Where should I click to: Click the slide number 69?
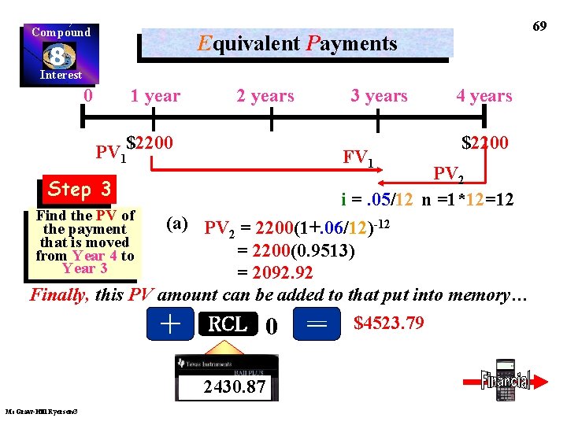tap(539, 26)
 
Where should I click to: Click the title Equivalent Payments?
tap(298, 43)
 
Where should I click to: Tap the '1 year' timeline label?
tap(155, 96)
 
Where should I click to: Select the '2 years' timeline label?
tap(265, 96)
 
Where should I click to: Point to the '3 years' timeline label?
tap(379, 96)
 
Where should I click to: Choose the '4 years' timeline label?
tap(484, 96)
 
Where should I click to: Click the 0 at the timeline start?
tap(89, 96)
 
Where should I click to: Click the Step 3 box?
tap(80, 189)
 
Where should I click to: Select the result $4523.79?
tap(389, 323)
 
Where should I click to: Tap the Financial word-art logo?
tap(506, 380)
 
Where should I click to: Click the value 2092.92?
tap(275, 273)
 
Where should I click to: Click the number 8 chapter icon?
tap(59, 55)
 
